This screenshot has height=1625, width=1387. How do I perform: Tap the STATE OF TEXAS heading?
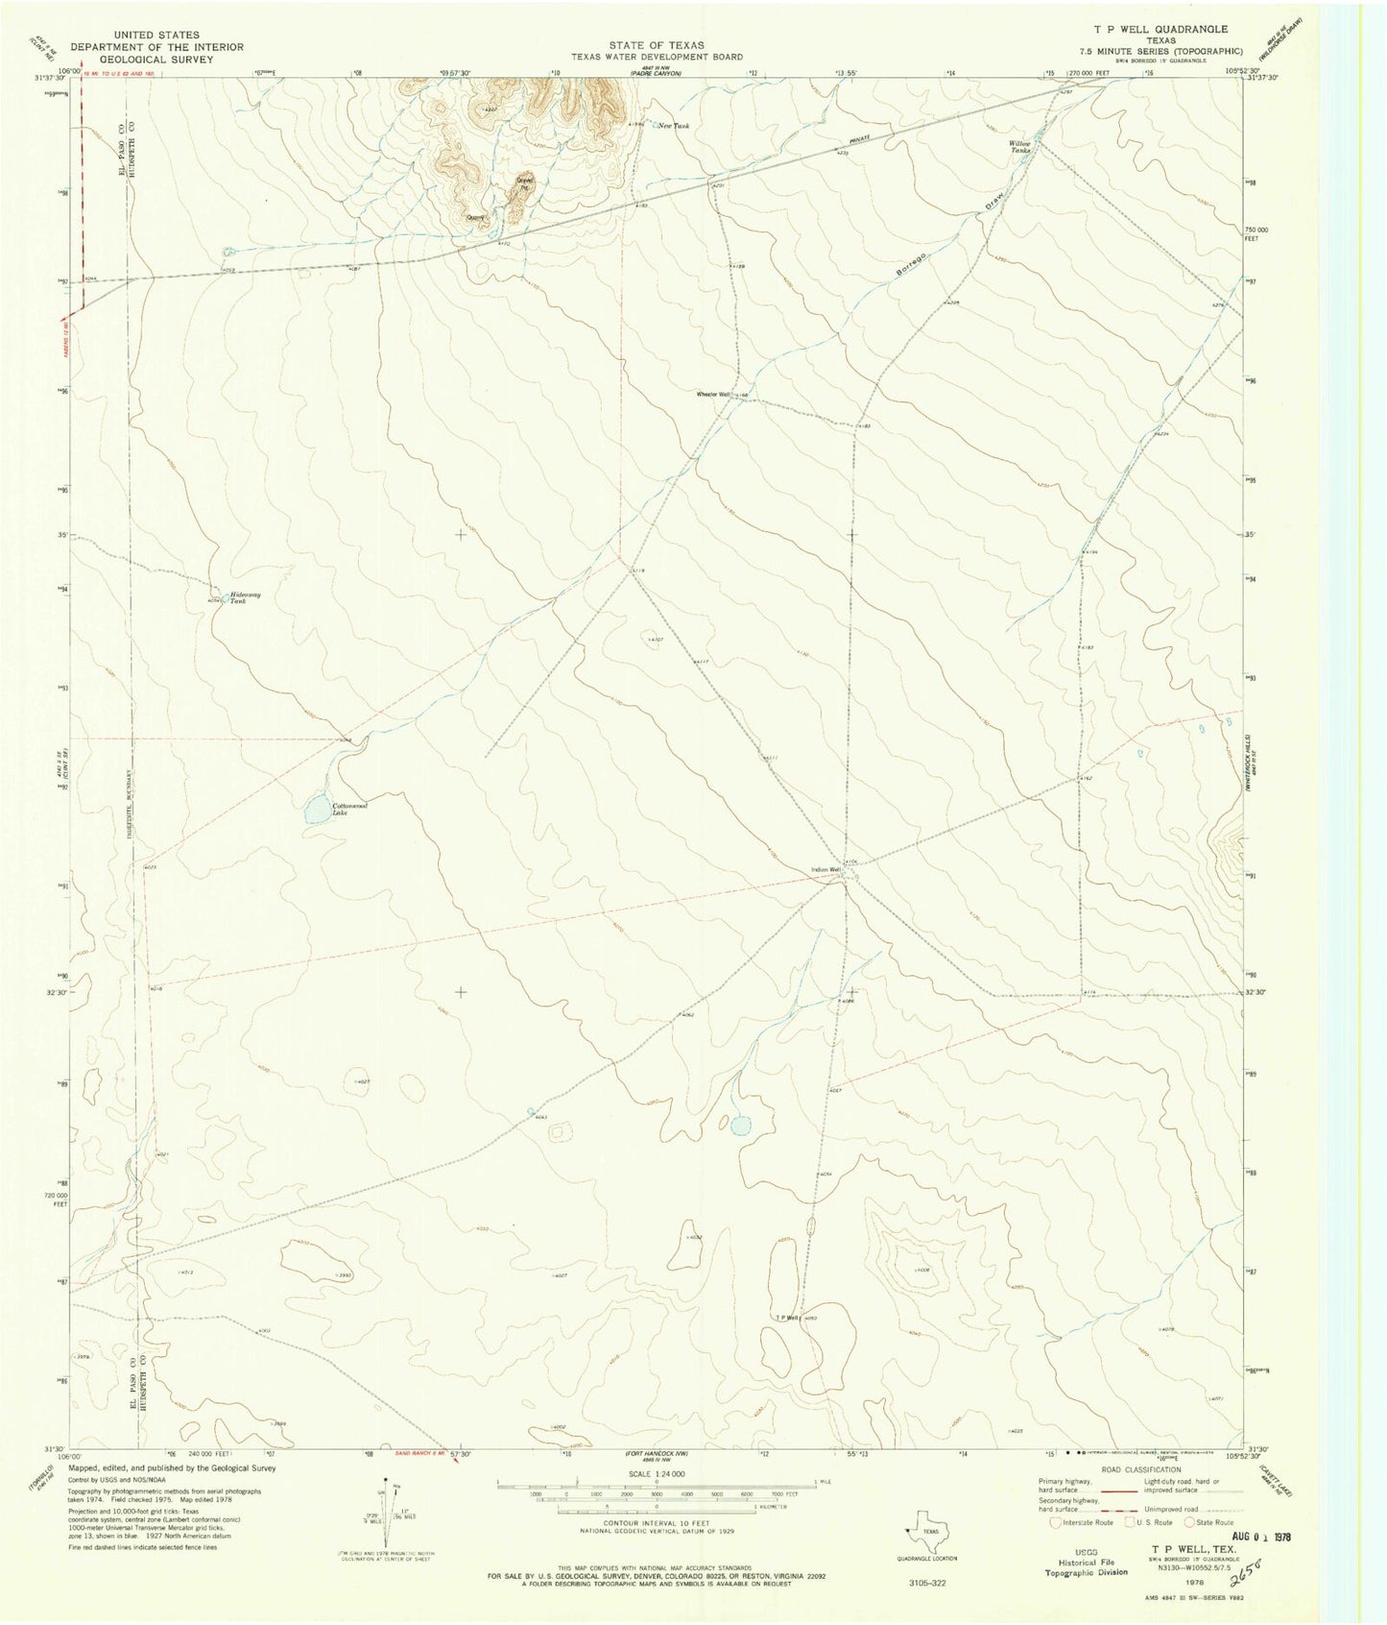(x=658, y=45)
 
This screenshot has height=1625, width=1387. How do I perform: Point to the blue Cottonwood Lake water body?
(x=317, y=812)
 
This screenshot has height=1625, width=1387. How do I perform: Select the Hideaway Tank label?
(x=244, y=597)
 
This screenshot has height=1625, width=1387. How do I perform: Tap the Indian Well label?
(x=825, y=870)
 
